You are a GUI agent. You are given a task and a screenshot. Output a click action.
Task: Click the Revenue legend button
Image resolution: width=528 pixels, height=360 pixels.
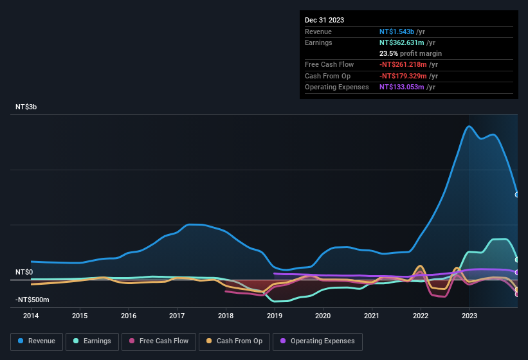point(37,341)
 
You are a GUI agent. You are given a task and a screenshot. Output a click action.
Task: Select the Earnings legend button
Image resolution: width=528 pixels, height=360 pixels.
point(92,341)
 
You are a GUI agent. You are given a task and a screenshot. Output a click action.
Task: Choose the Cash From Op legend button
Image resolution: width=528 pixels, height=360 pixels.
point(235,341)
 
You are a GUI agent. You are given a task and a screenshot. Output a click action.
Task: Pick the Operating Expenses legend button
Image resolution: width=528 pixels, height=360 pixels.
point(318,341)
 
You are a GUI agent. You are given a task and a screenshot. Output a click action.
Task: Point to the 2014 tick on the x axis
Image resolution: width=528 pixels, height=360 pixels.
point(31,316)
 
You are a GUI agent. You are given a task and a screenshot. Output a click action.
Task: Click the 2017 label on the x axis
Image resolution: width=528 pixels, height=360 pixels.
point(178,316)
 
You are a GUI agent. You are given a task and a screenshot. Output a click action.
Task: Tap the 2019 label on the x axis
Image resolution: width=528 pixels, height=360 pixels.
point(275,316)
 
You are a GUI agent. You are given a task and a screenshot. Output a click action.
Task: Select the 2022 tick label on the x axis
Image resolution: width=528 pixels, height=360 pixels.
point(421,316)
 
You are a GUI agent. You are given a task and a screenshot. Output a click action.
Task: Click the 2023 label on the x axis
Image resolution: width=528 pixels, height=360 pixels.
point(469,316)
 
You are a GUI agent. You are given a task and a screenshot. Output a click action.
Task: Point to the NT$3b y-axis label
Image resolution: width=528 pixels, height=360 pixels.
point(26,107)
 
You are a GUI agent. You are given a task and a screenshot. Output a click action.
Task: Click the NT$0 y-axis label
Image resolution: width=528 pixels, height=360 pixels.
point(24,272)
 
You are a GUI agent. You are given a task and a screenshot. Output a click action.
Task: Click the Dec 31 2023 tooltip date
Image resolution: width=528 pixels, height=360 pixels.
point(324,20)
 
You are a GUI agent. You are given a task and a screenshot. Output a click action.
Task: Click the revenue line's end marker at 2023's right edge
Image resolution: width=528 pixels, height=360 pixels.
point(518,194)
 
